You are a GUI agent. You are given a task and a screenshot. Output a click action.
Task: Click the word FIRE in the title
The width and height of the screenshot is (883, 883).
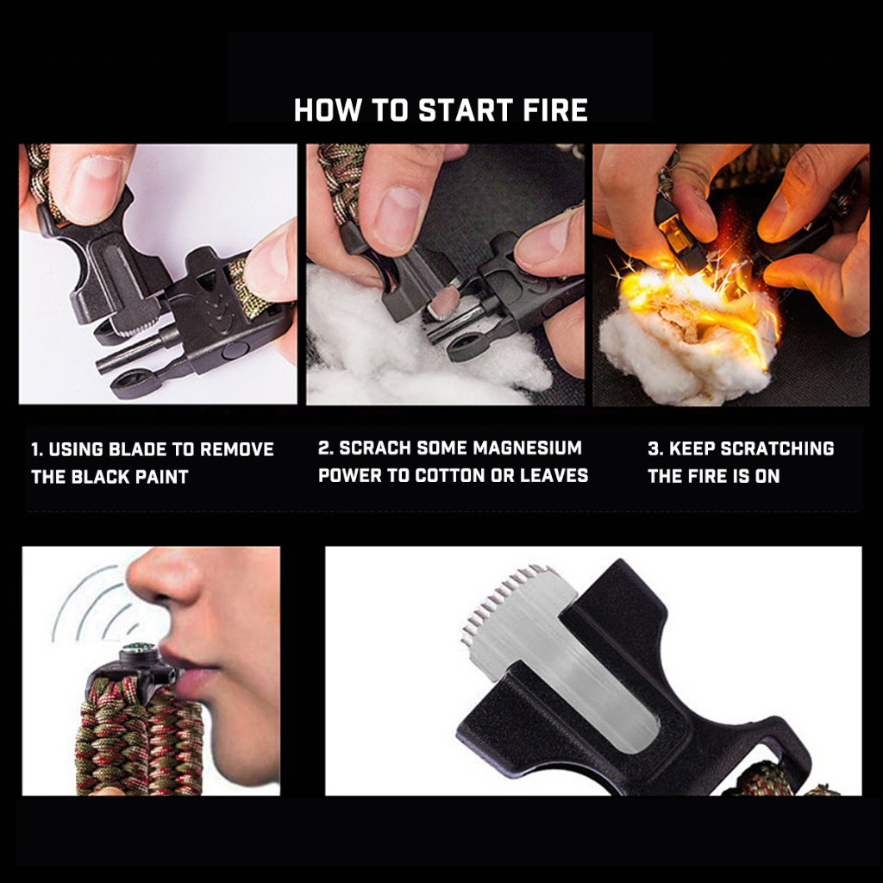click(x=554, y=110)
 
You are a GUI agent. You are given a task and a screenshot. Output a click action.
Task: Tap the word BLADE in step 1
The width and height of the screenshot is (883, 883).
click(x=137, y=449)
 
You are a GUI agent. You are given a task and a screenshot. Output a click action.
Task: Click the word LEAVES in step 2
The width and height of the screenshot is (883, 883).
click(x=554, y=475)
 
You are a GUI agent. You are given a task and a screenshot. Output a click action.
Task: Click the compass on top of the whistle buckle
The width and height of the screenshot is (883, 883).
click(x=134, y=650)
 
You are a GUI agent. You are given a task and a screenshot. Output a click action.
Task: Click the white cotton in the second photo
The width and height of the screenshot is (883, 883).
click(x=394, y=349)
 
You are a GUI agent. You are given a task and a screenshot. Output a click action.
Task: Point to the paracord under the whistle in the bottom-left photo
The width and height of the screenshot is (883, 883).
click(x=141, y=738)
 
